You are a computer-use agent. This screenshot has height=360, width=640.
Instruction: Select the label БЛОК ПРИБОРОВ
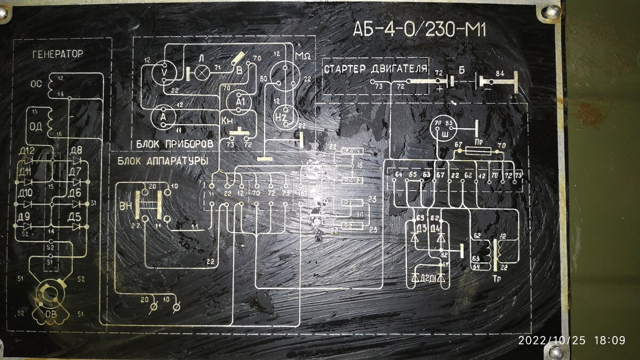[x=174, y=144]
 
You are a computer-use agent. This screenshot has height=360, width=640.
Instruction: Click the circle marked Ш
[x=441, y=127]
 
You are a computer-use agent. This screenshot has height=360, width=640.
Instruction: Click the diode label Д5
[x=74, y=217]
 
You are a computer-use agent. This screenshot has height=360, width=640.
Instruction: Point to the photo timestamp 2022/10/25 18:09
[x=572, y=340]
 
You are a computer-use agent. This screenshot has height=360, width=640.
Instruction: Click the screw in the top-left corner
[x=5, y=16]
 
